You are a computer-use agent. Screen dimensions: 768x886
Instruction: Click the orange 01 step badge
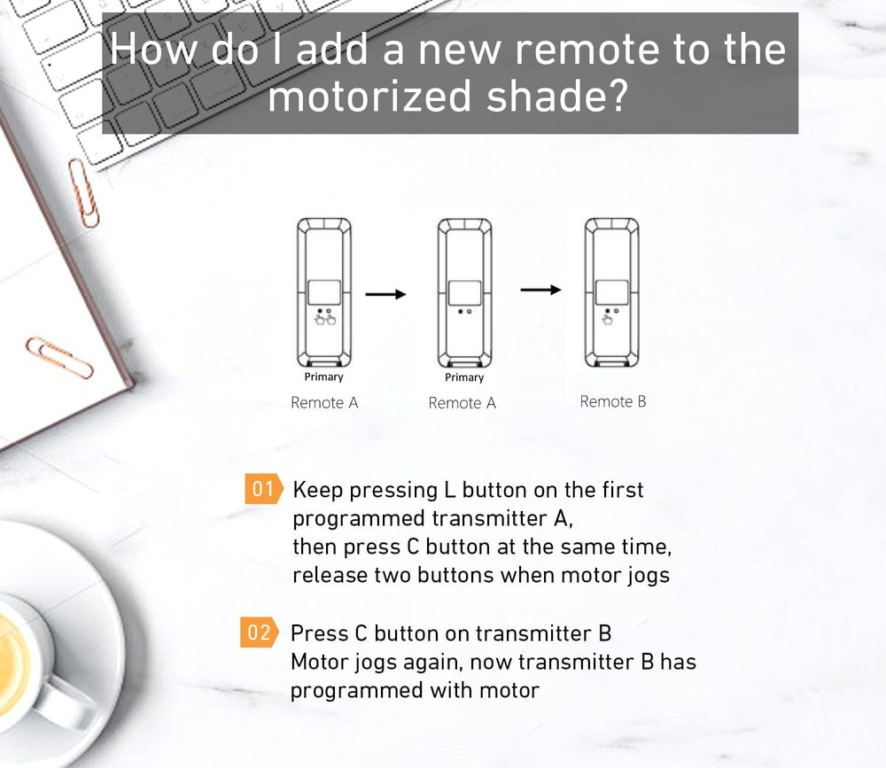[x=264, y=490]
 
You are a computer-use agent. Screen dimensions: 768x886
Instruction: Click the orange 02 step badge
[x=259, y=633]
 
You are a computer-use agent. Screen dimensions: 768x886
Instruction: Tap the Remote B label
[x=612, y=401]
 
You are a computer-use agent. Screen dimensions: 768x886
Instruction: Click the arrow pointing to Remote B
[x=540, y=290]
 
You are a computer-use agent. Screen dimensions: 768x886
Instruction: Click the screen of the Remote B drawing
[x=611, y=292]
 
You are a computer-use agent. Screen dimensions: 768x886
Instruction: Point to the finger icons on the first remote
[x=324, y=317]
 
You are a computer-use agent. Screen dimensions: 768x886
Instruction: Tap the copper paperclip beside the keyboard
[x=83, y=190]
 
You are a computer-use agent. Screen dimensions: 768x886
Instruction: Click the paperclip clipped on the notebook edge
[x=58, y=357]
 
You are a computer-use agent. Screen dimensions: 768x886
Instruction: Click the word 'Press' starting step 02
[x=320, y=633]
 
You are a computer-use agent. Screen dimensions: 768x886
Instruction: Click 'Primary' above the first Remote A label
[x=323, y=377]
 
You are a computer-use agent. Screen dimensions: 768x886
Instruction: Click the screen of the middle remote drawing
[x=464, y=293]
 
